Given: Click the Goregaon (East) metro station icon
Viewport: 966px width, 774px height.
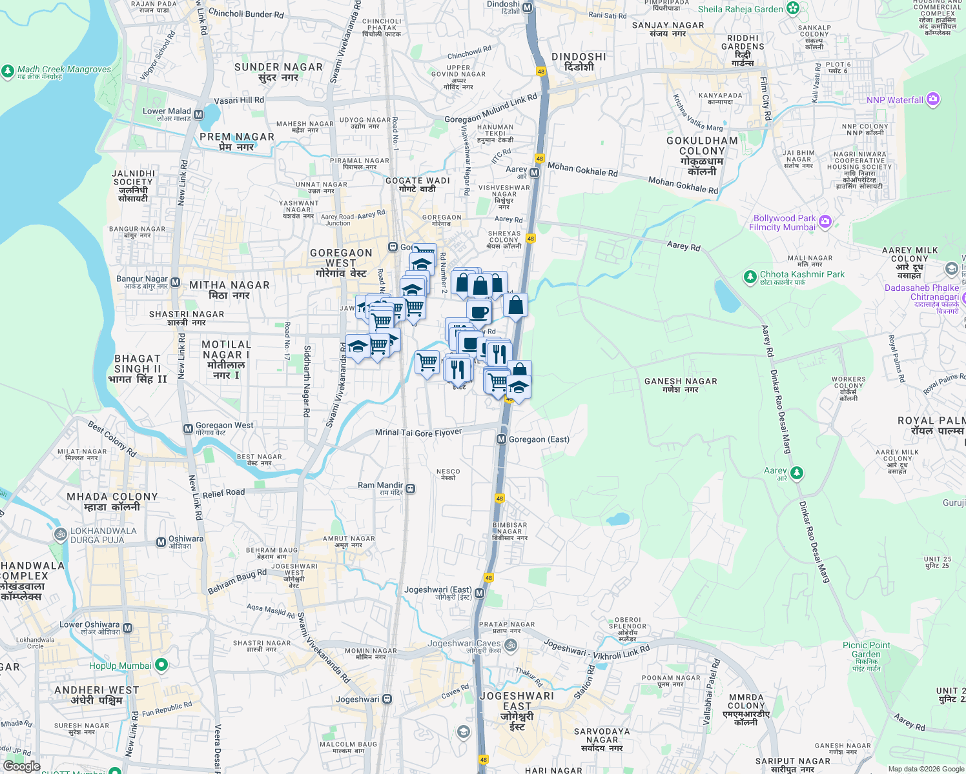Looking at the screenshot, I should (501, 439).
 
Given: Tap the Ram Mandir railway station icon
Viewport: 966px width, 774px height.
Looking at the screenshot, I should (411, 489).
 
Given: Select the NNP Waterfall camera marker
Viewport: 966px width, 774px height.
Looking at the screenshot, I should (932, 99).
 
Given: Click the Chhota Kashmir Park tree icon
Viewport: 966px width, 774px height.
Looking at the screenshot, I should (750, 277).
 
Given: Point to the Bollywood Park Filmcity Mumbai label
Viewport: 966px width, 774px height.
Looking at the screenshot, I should (784, 223).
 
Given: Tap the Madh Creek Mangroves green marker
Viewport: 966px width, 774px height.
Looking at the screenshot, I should (8, 71).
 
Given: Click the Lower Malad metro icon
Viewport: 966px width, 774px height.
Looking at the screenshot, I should (198, 115).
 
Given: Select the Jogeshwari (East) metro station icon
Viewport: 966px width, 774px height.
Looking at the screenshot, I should (479, 593).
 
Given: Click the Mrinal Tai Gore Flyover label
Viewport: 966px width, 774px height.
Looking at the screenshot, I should (418, 433).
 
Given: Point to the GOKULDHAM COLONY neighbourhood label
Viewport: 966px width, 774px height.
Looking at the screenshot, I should (702, 155).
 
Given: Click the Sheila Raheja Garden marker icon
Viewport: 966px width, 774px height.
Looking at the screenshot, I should (794, 8).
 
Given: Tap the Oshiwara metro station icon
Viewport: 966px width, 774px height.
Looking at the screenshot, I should (161, 542).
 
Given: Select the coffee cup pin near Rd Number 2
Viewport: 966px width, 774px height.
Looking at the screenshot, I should (478, 312).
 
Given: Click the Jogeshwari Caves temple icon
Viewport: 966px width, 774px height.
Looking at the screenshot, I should (510, 644).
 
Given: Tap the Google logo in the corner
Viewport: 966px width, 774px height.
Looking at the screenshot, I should (21, 766).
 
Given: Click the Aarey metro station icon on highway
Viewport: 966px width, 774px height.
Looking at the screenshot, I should (534, 173).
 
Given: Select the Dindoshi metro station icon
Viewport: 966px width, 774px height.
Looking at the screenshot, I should (528, 8).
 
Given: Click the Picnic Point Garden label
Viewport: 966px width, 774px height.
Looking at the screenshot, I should (866, 650).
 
